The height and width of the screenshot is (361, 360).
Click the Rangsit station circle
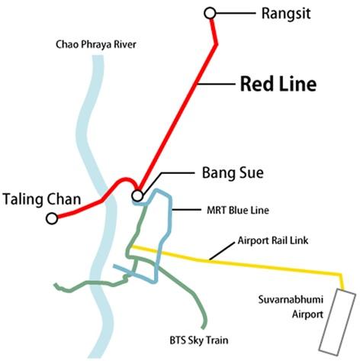pyautogui.click(x=210, y=13)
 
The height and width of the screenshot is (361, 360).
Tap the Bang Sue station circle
pyautogui.click(x=137, y=195)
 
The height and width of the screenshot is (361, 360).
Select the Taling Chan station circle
pyautogui.click(x=52, y=218)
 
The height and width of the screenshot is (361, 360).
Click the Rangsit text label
pyautogui.click(x=286, y=14)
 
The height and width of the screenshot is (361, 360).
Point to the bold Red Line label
pyautogui.click(x=278, y=84)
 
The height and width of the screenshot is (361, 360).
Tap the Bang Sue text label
pyautogui.click(x=233, y=173)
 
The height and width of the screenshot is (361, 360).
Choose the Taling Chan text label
pyautogui.click(x=42, y=199)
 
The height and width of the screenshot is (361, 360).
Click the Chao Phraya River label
pyautogui.click(x=96, y=44)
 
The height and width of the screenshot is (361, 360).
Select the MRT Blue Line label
pyautogui.click(x=238, y=210)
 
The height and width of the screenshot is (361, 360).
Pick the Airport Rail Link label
pyautogui.click(x=273, y=240)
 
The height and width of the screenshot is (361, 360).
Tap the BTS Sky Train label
pyautogui.click(x=199, y=340)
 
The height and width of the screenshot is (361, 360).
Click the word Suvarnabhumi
pyautogui.click(x=291, y=299)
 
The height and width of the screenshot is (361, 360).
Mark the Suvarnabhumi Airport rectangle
pyautogui.click(x=337, y=322)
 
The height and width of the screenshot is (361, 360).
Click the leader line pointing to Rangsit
pyautogui.click(x=236, y=13)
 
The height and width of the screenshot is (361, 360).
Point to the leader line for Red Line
pyautogui.click(x=217, y=83)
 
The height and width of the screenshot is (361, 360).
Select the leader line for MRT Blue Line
pyautogui.click(x=187, y=210)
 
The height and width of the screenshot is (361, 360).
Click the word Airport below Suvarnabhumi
pyautogui.click(x=307, y=314)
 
